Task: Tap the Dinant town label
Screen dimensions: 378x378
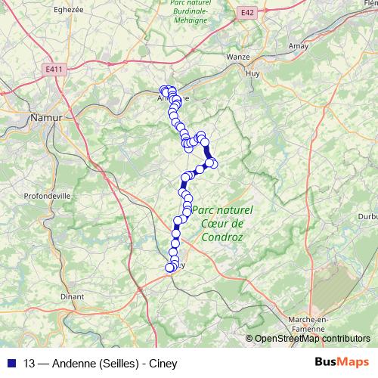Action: pos(72,297)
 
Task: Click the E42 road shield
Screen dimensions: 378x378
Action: pos(246,13)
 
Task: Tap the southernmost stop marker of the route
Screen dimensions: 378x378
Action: pos(169,267)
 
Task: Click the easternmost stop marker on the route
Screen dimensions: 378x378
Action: pos(213,163)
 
